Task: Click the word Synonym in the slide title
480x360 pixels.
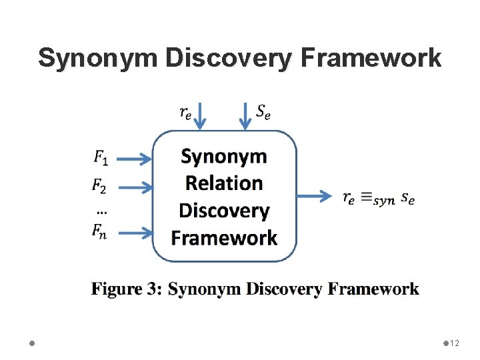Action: click(x=97, y=58)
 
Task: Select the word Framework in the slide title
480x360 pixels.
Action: click(x=371, y=58)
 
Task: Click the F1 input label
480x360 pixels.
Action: click(x=101, y=158)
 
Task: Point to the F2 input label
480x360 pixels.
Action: click(x=99, y=185)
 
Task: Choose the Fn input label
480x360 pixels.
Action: click(x=100, y=232)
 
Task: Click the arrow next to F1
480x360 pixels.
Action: click(x=137, y=159)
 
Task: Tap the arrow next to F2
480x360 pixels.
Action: click(x=137, y=187)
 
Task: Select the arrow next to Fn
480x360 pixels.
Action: click(x=137, y=233)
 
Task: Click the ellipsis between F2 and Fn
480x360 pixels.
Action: click(x=101, y=211)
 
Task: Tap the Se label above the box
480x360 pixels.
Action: click(x=263, y=112)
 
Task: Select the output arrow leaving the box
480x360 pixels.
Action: click(x=314, y=196)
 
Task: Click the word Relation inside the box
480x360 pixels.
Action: click(x=224, y=183)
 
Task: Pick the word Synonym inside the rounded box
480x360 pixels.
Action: click(x=224, y=157)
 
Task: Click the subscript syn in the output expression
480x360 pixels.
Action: click(x=384, y=201)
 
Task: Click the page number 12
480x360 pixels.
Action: click(x=455, y=343)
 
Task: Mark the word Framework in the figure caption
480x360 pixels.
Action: click(x=373, y=289)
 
